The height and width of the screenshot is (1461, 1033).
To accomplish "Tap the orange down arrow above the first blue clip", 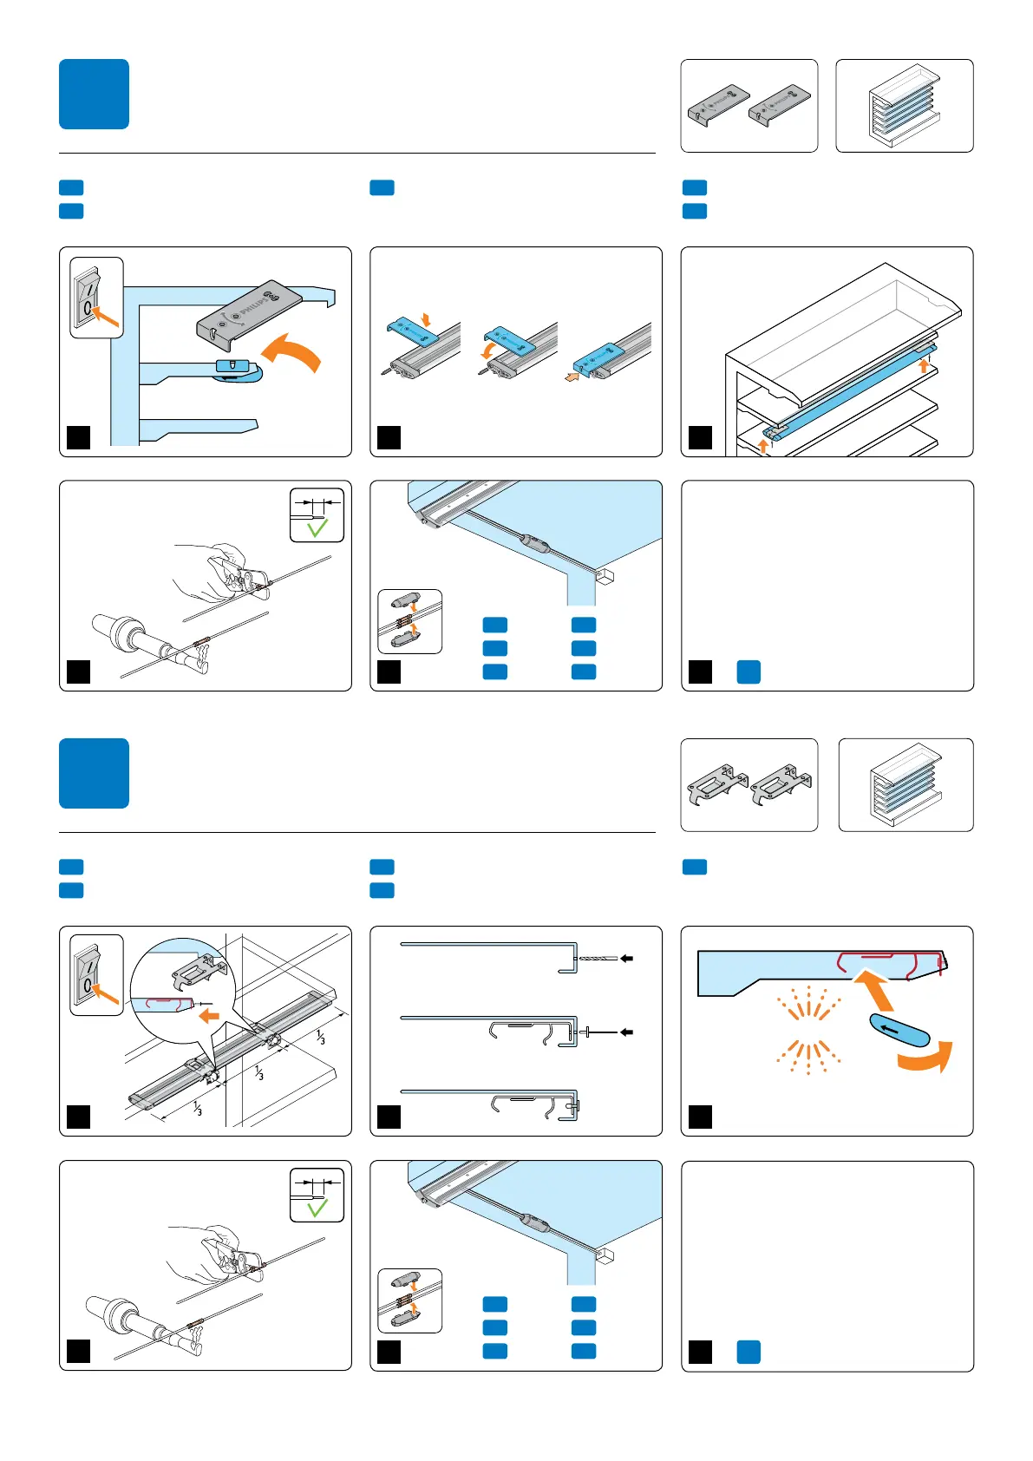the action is point(425,319).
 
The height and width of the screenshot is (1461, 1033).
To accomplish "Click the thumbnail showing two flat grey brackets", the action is point(749,106).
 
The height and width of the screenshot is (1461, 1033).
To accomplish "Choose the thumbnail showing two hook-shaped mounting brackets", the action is point(749,784).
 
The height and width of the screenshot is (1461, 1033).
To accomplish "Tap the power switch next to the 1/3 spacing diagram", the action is point(95,975).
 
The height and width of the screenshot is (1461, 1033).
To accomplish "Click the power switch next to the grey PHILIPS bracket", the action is point(95,298).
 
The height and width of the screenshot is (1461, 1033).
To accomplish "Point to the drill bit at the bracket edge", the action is point(598,959).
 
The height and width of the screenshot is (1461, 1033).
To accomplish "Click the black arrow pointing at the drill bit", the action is point(627,959).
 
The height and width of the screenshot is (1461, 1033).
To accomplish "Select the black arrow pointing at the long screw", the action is point(627,1032).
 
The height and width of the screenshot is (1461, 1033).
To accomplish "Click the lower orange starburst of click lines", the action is point(807,1055).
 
